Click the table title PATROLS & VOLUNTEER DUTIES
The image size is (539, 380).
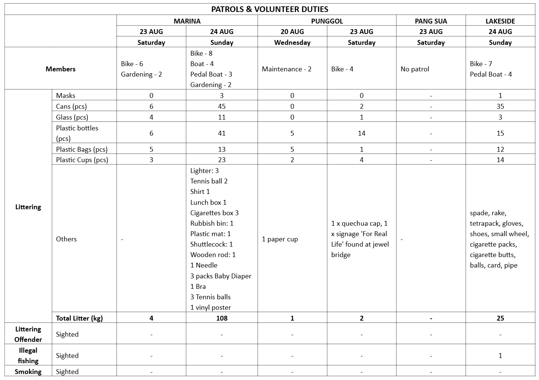coord(269,9)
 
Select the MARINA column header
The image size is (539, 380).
coord(187,21)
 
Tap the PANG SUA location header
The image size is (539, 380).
coord(431,21)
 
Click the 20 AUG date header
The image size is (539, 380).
coord(292,31)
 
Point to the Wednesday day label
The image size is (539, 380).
coord(292,42)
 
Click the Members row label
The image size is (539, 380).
coord(61,69)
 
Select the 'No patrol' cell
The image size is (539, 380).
coord(415,69)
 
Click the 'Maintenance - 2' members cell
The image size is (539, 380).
coord(287,69)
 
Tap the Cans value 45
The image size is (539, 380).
coord(222,106)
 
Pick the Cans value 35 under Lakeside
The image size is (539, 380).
coord(500,106)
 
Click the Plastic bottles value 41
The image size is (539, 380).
coord(222,133)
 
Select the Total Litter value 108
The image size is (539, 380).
coord(222,318)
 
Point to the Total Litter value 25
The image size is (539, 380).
coord(500,318)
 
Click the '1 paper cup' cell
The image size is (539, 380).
coord(280,239)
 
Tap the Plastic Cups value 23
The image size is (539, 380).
coord(222,160)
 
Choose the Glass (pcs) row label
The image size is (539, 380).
coord(72,117)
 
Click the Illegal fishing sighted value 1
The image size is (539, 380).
coord(500,355)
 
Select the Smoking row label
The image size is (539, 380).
coord(28,371)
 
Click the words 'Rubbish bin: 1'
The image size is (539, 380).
coord(212,223)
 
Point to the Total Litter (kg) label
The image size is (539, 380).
coord(79,318)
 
